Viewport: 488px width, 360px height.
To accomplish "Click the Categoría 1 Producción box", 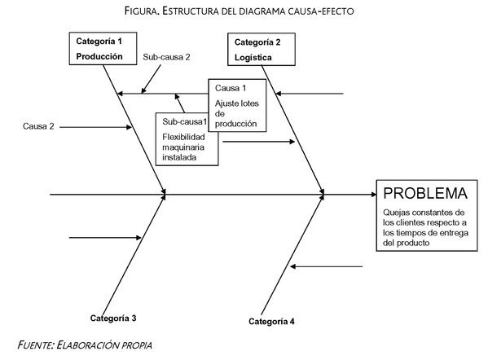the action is click(x=103, y=49).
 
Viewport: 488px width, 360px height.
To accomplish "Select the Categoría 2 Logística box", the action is click(x=262, y=49).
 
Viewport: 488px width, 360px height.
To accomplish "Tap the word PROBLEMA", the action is click(x=425, y=193).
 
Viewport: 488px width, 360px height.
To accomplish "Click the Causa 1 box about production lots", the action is click(x=237, y=105).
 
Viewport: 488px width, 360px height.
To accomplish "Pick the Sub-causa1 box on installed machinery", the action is click(x=187, y=139).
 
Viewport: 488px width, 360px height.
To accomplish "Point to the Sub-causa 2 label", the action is click(x=166, y=57).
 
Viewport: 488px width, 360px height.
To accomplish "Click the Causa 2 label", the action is click(x=38, y=126).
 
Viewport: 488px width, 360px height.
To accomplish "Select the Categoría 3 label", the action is click(x=113, y=318).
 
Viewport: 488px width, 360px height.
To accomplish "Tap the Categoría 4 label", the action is click(x=271, y=321).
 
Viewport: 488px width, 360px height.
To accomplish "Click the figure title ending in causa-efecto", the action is click(x=239, y=11).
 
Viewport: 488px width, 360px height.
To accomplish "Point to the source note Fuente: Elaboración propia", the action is click(x=85, y=345).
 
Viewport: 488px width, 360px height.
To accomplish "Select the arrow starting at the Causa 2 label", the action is click(x=95, y=127).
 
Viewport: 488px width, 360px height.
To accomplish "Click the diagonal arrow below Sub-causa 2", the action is click(x=151, y=79).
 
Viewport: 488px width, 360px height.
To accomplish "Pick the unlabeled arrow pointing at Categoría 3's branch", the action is click(x=105, y=238).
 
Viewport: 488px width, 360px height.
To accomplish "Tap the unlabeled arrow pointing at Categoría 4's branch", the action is click(x=326, y=266).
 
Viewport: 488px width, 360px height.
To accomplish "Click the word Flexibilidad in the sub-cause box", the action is click(x=183, y=137).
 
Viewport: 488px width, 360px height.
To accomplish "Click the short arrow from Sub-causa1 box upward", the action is click(x=179, y=103).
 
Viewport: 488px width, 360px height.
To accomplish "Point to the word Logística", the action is click(x=253, y=58).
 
